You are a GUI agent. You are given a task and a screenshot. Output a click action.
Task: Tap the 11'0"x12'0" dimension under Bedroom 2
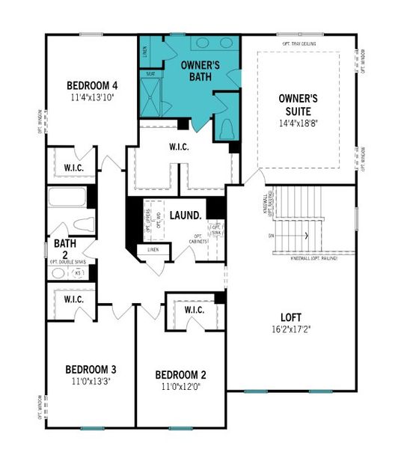pyautogui.click(x=180, y=387)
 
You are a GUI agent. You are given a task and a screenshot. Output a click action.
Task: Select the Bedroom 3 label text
pyautogui.click(x=91, y=369)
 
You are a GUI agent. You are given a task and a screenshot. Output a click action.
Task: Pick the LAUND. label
pyautogui.click(x=185, y=216)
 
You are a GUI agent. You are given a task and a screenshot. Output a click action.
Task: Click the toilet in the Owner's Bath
pyautogui.click(x=227, y=128)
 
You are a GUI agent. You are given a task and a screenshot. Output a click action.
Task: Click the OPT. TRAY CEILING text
pyautogui.click(x=298, y=43)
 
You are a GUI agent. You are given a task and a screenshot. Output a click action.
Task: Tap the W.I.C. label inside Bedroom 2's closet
pyautogui.click(x=194, y=310)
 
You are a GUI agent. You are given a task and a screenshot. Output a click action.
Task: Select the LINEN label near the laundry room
pyautogui.click(x=153, y=249)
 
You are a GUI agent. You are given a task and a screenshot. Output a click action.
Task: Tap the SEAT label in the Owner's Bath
pyautogui.click(x=150, y=73)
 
